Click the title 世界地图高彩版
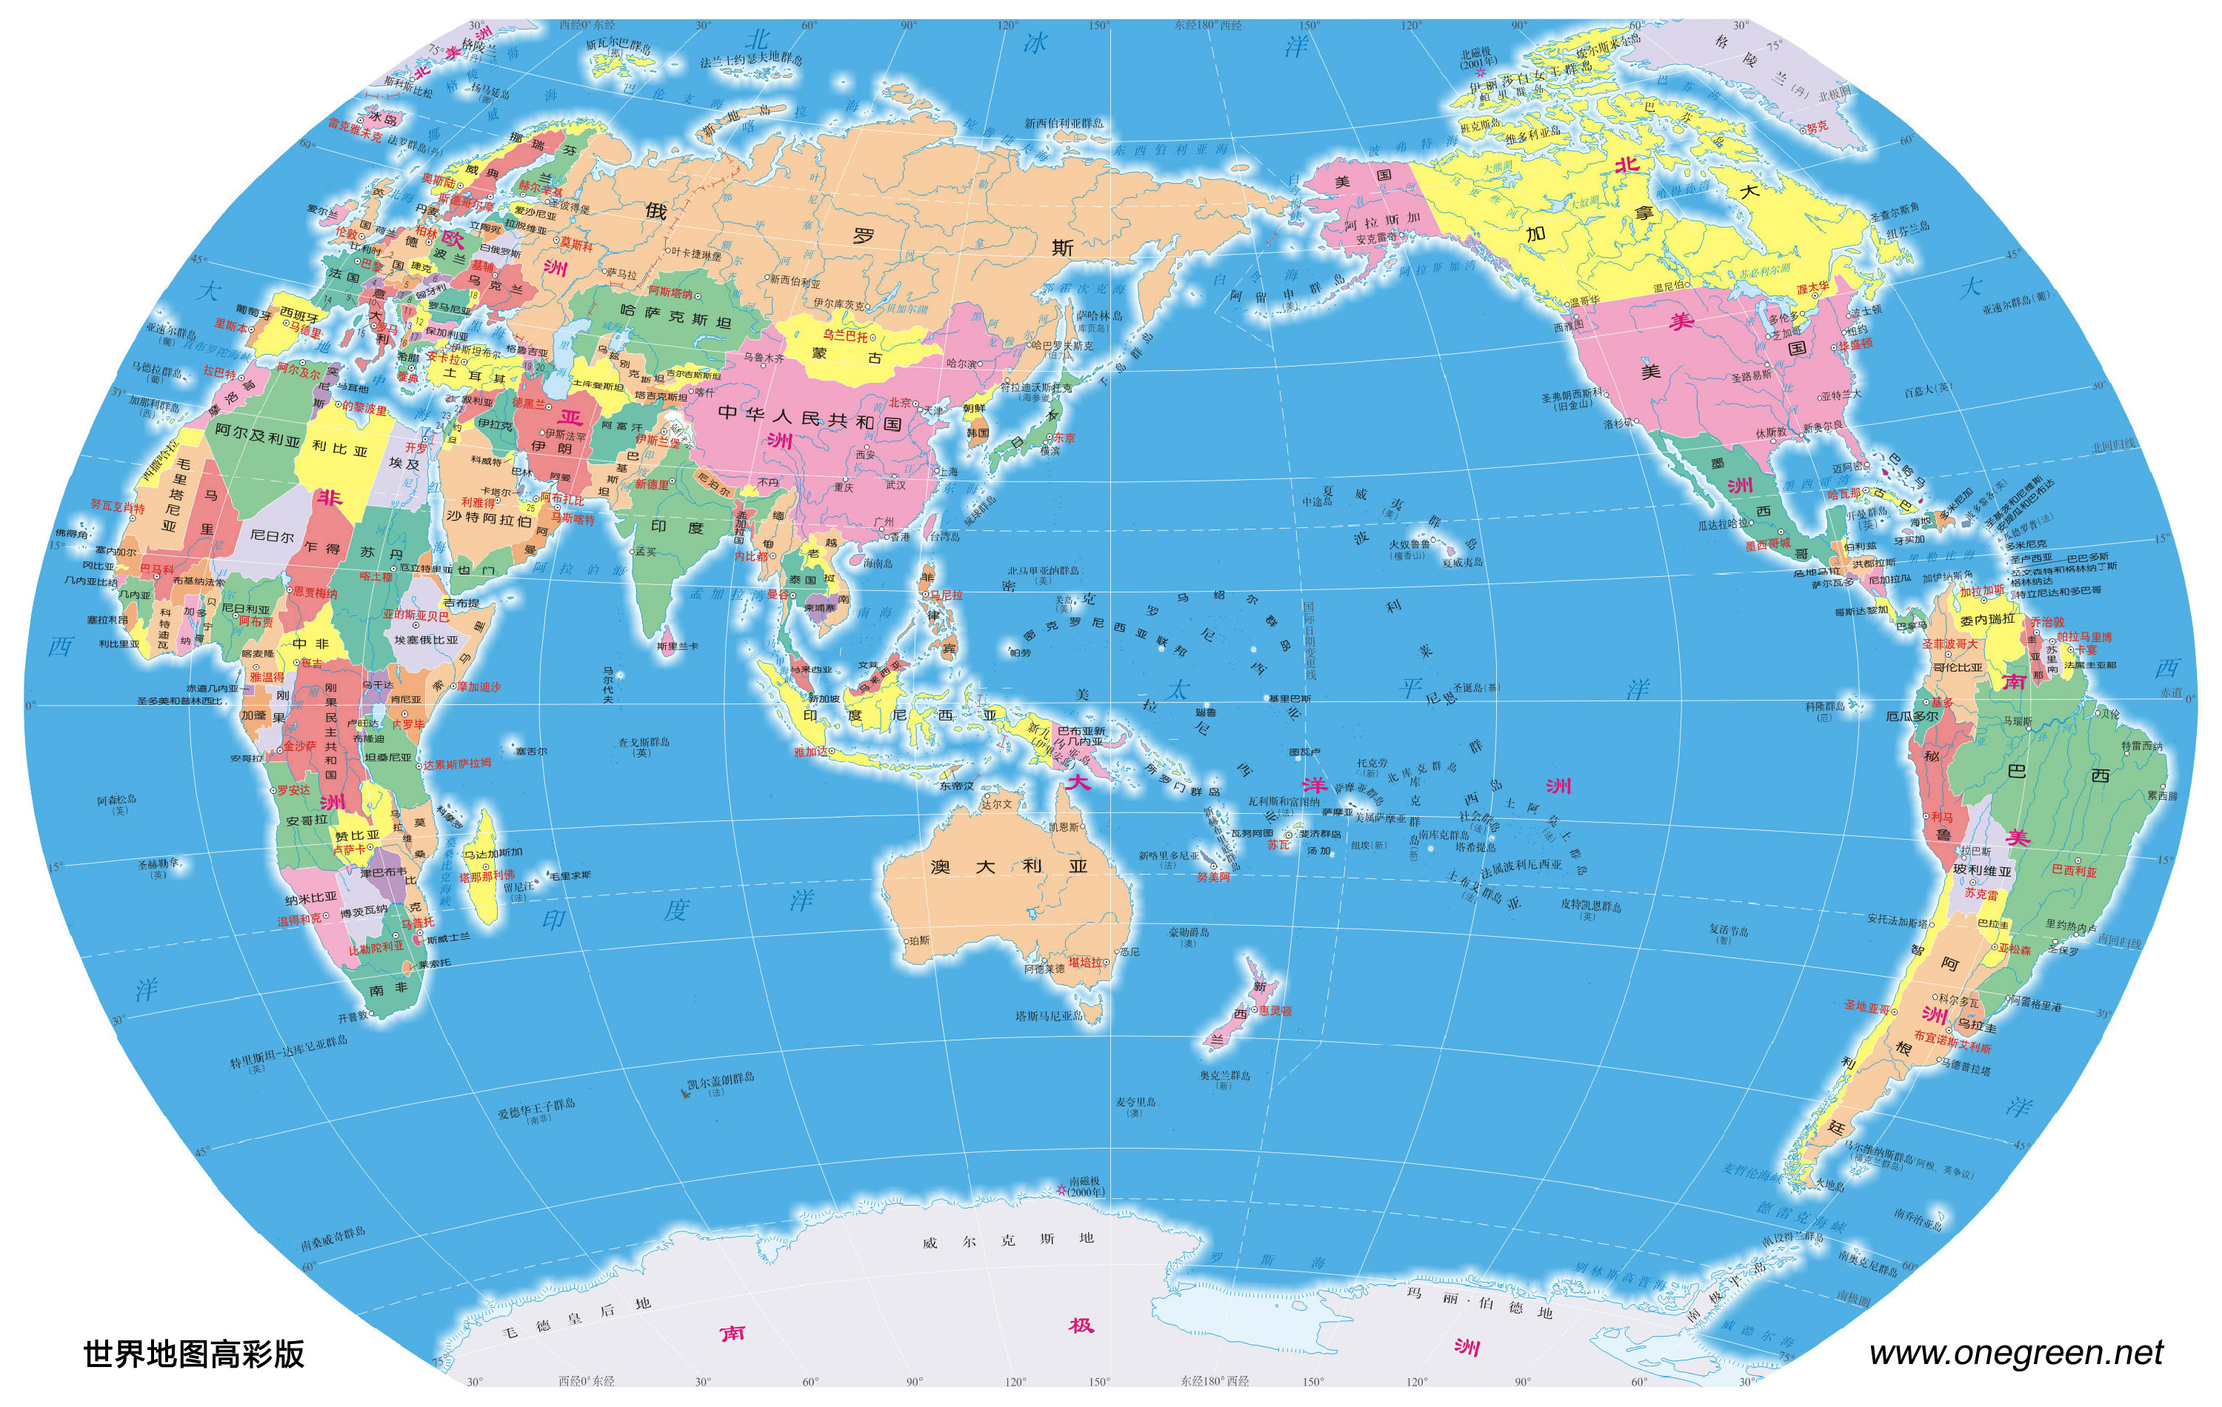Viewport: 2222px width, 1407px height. coord(194,1354)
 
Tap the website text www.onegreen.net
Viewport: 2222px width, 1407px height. coord(2016,1352)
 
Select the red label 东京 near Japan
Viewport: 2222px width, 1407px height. coord(1064,438)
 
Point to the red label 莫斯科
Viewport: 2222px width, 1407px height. coord(575,245)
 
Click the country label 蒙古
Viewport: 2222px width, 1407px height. coord(845,355)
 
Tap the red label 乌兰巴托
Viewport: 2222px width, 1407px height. coord(845,336)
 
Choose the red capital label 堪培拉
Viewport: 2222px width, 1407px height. coord(1084,962)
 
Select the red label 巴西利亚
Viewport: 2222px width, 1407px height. coord(2075,871)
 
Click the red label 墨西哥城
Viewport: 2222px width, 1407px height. coord(1767,544)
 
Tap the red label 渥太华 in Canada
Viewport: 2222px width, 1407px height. coord(1812,288)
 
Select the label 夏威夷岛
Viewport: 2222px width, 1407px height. coord(1461,561)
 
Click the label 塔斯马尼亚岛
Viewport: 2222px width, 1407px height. coord(1050,1016)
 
